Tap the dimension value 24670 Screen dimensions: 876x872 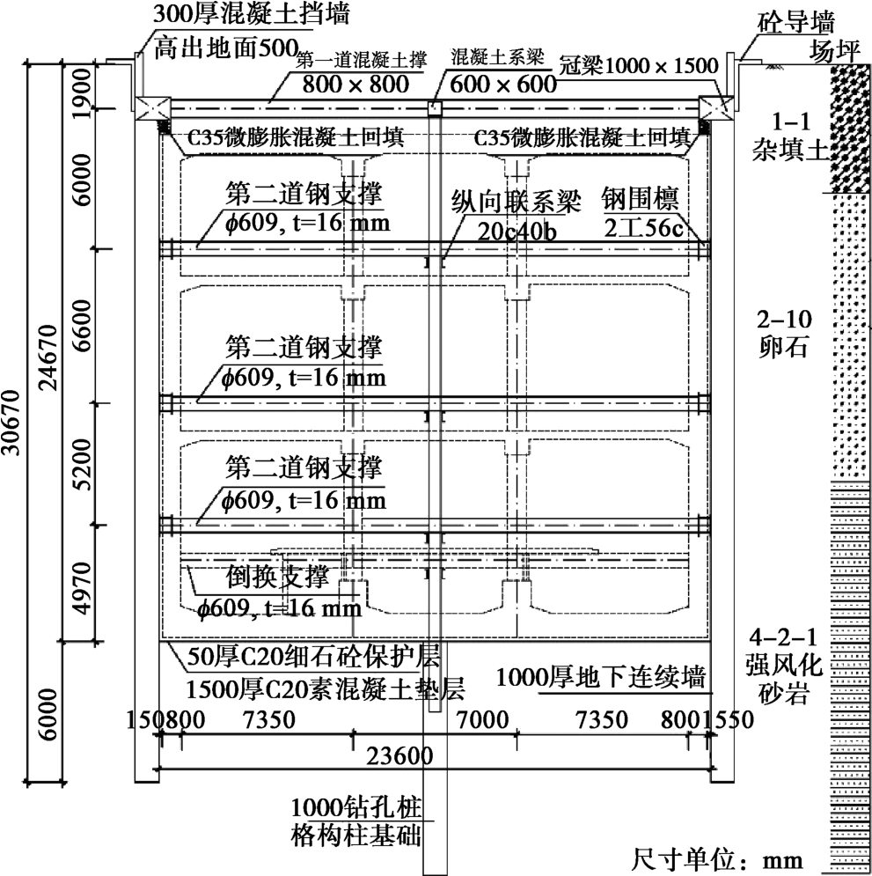click(50, 352)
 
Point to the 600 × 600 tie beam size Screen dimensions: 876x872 click(502, 84)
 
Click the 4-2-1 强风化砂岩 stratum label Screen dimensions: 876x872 click(780, 666)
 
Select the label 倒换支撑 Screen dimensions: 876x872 click(277, 578)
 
